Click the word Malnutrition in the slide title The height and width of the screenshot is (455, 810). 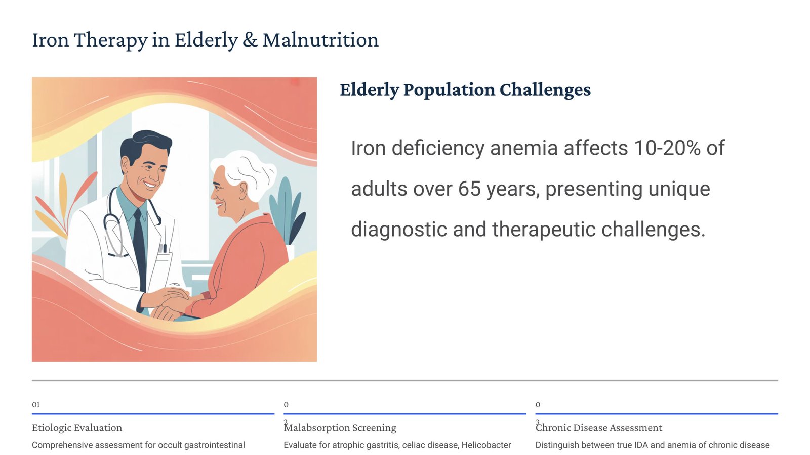point(320,40)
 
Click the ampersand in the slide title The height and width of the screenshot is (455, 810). point(250,40)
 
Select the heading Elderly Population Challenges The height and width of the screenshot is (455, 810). point(465,90)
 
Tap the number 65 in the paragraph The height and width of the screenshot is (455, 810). point(469,189)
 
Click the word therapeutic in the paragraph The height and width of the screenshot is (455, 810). point(544,230)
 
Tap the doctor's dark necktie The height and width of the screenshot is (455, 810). point(139,249)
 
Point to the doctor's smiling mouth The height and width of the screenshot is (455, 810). point(150,185)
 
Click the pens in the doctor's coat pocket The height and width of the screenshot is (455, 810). point(163,248)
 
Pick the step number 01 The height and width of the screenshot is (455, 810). point(36,405)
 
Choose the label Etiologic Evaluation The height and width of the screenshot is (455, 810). point(77,428)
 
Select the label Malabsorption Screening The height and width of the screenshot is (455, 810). point(340,428)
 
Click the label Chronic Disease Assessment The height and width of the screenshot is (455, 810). point(599,428)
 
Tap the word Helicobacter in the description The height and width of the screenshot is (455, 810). point(486,445)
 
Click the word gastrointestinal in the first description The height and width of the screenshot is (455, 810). point(215,445)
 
